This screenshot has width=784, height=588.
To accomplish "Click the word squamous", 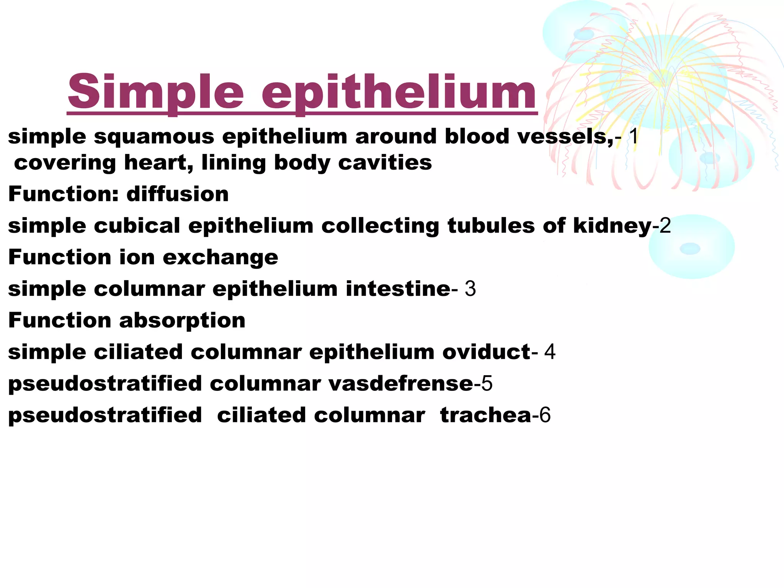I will pyautogui.click(x=154, y=137).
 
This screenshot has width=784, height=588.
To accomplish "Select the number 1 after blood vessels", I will pyautogui.click(x=634, y=136).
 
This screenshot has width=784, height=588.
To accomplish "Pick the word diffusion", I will pyautogui.click(x=178, y=194).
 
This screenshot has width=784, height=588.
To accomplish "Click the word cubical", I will pyautogui.click(x=137, y=225).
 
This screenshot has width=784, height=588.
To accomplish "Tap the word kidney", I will pyautogui.click(x=612, y=225).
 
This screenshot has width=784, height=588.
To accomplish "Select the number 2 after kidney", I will pyautogui.click(x=665, y=225).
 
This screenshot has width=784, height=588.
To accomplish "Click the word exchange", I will pyautogui.click(x=220, y=257).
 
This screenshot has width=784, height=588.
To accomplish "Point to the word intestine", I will pyautogui.click(x=398, y=289).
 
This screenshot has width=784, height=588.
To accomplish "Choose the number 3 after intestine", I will pyautogui.click(x=470, y=289).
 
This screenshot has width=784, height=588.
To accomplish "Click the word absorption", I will pyautogui.click(x=182, y=320).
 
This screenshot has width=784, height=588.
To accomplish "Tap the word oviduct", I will pyautogui.click(x=486, y=352).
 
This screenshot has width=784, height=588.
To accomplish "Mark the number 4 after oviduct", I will pyautogui.click(x=550, y=352).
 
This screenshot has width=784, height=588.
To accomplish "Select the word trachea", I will pyautogui.click(x=485, y=415).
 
